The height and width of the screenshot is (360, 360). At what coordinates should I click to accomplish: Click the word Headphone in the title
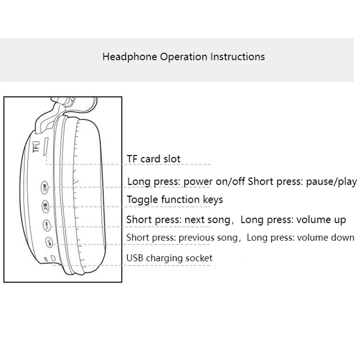pyautogui.click(x=130, y=57)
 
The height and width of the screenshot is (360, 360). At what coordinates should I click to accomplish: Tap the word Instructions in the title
pyautogui.click(x=238, y=57)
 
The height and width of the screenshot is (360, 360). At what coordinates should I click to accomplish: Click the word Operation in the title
pyautogui.click(x=184, y=57)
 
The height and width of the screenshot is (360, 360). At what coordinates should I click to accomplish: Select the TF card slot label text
pyautogui.click(x=153, y=159)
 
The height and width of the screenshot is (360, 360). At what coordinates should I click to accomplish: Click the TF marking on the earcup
pyautogui.click(x=36, y=146)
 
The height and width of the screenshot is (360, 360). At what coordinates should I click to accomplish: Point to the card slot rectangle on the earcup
pyautogui.click(x=47, y=146)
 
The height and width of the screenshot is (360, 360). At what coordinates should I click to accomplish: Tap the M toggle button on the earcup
pyautogui.click(x=45, y=207)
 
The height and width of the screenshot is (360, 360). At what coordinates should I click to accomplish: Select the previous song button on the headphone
pyautogui.click(x=49, y=242)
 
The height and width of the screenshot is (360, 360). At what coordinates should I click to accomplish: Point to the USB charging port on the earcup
pyautogui.click(x=53, y=258)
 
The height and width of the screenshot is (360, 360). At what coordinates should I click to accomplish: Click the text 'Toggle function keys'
pyautogui.click(x=175, y=199)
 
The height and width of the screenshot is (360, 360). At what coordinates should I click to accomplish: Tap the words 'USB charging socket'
pyautogui.click(x=169, y=258)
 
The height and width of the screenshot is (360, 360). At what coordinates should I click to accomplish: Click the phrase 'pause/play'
pyautogui.click(x=332, y=182)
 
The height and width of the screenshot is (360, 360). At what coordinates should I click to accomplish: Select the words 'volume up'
pyautogui.click(x=321, y=220)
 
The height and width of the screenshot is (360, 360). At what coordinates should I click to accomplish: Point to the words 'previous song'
pyautogui.click(x=208, y=238)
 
